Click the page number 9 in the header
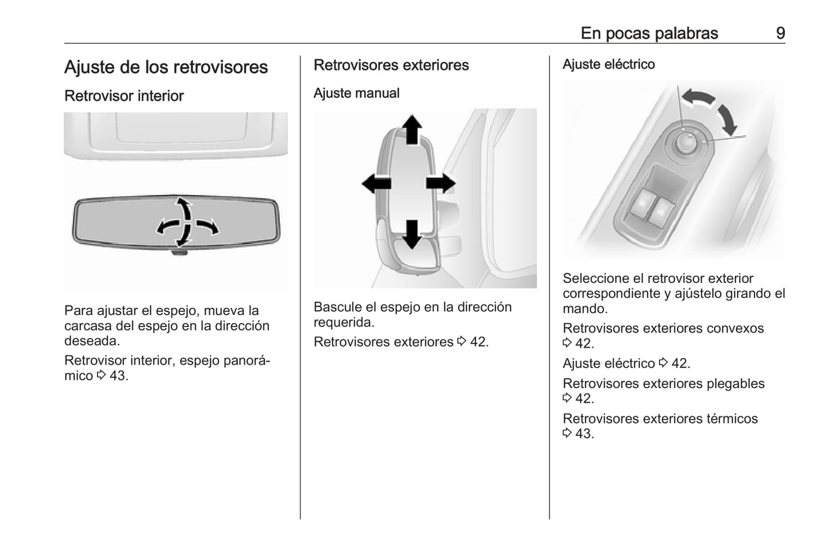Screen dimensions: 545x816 click(x=780, y=33)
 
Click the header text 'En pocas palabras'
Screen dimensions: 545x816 click(x=649, y=33)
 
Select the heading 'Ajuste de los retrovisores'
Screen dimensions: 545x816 click(x=166, y=67)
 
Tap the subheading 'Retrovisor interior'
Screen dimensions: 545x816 click(x=124, y=96)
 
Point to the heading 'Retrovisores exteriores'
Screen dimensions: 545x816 click(x=391, y=65)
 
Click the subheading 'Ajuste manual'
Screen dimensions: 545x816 click(x=356, y=93)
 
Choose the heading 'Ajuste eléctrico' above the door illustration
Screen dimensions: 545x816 click(x=608, y=64)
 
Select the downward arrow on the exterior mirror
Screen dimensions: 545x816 click(x=412, y=233)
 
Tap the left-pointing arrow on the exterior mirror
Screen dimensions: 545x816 click(x=376, y=184)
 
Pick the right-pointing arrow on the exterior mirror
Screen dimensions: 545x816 click(x=441, y=184)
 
